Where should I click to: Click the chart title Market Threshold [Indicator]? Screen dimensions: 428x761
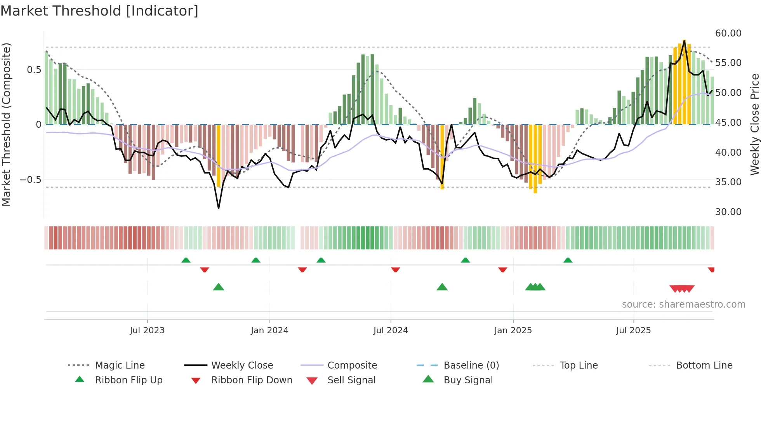99,11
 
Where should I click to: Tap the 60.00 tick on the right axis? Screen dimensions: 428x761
728,33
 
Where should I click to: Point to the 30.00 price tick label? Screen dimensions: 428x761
728,212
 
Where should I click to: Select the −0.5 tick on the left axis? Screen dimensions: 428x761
30,180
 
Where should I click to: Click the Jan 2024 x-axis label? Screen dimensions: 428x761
269,331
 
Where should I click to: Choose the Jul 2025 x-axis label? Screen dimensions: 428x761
633,331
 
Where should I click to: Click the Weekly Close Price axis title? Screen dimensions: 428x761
754,124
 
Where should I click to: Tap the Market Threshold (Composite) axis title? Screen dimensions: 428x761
6,124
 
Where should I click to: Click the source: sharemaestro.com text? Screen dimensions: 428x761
683,304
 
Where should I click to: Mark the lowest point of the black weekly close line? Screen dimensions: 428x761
219,208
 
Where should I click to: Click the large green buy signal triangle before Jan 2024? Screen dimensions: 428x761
219,287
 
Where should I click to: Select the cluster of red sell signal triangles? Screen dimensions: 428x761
682,289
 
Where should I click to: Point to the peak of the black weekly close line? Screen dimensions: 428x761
684,40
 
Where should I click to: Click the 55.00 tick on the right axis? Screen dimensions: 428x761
728,63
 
